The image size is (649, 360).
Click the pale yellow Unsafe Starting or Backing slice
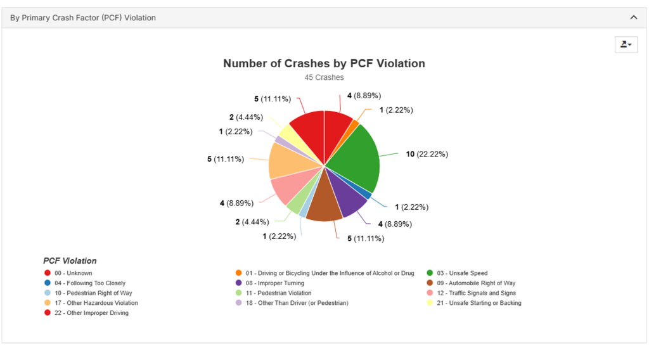[289, 134]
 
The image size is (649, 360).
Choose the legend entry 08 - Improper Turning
[274, 283]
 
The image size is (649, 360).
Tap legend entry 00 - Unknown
[73, 273]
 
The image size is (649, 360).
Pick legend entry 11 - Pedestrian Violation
[278, 293]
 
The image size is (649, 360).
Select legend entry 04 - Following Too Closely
[89, 283]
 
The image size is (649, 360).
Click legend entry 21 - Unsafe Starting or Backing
[479, 303]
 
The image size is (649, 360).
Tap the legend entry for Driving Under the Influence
[329, 273]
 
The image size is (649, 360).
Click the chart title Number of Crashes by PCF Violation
[324, 63]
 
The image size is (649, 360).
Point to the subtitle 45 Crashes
[324, 77]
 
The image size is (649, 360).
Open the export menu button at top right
[626, 44]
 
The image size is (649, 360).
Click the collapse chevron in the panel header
[633, 18]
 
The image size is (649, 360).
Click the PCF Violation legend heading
[70, 260]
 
